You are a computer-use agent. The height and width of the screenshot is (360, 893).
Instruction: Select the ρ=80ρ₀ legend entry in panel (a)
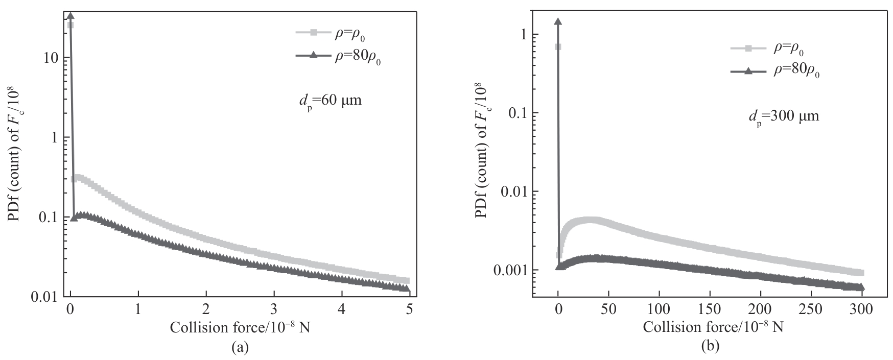[339, 56]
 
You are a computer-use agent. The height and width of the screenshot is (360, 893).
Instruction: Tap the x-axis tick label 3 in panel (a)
[274, 309]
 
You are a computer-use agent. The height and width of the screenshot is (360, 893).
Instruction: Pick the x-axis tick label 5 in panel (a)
[409, 309]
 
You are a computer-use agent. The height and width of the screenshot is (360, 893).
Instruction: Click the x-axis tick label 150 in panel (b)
[710, 309]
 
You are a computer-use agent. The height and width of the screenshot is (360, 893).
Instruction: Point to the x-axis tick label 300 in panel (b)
[862, 309]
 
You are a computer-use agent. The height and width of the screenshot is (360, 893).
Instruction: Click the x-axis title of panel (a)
[239, 327]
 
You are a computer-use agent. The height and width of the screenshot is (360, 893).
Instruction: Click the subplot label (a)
[240, 348]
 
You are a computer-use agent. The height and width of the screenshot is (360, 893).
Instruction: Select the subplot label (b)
[710, 347]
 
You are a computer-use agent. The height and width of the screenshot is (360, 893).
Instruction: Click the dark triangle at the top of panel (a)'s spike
[70, 16]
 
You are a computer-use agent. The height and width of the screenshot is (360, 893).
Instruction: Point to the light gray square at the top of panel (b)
[558, 47]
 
